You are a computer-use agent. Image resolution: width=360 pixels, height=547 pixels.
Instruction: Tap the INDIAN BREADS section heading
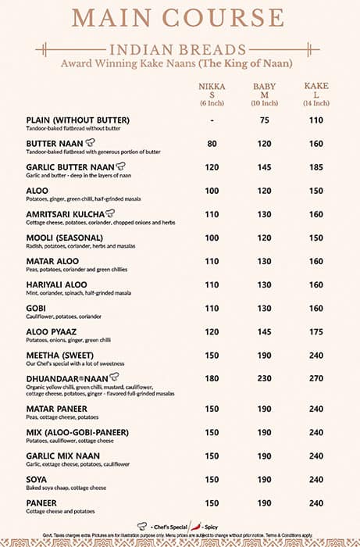tap(180, 49)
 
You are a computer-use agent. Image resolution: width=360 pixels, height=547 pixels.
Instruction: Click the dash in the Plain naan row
tap(212, 121)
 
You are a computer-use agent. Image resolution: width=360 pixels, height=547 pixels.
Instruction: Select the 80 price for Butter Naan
tap(212, 144)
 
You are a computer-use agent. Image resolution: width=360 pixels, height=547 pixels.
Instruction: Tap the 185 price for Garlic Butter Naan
tap(315, 167)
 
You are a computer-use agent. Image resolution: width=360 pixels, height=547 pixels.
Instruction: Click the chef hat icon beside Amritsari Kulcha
tap(109, 213)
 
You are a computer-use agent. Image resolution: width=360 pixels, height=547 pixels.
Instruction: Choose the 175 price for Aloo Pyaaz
tap(315, 331)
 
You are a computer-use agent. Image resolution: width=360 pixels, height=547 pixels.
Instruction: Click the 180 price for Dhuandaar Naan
tap(212, 378)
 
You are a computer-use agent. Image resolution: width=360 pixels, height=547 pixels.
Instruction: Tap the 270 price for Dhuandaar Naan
tap(315, 378)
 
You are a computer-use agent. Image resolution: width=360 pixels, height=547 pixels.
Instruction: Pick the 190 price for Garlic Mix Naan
tap(264, 456)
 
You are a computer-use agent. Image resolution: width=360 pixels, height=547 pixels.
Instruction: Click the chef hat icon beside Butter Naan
tap(91, 143)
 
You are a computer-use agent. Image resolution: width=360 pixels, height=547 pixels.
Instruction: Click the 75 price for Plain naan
tap(264, 121)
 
